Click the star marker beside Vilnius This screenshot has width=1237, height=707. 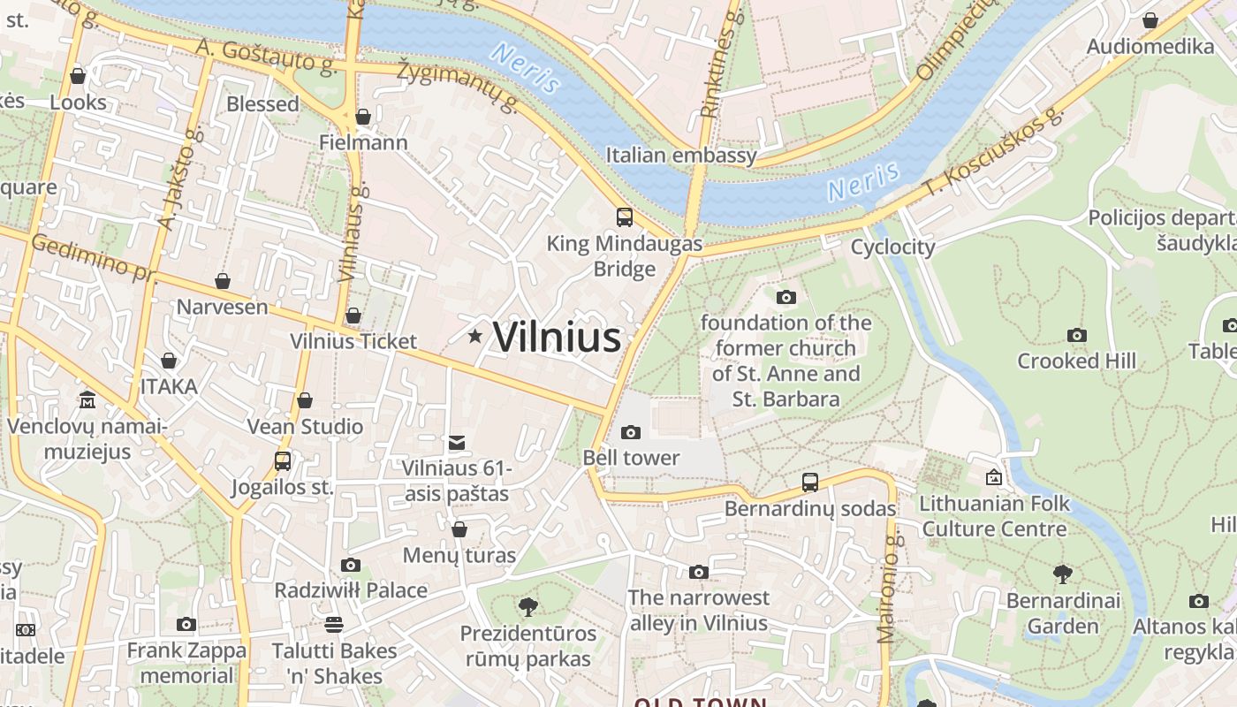[475, 336]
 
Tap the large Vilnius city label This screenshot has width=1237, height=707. [557, 337]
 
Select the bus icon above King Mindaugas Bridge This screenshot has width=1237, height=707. [625, 217]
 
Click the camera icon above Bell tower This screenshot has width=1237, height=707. [631, 432]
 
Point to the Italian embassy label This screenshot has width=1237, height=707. [681, 156]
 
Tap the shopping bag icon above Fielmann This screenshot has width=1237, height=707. [362, 117]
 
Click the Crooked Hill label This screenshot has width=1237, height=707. [1076, 361]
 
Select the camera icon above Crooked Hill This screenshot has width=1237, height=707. [1076, 335]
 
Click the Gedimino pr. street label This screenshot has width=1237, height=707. [93, 259]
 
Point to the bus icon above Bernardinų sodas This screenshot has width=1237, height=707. [810, 483]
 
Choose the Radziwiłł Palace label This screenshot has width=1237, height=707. [351, 590]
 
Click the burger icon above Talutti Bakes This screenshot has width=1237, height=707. [334, 625]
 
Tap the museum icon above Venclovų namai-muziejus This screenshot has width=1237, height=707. [87, 400]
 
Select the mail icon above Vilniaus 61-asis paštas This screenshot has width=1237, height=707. [457, 443]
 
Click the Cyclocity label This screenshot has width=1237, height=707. [892, 247]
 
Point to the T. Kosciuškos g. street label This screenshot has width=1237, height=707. [995, 150]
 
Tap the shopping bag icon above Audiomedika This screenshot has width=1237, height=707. [1150, 20]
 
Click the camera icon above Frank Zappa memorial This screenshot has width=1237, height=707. [186, 625]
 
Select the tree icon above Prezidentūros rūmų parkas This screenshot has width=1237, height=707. [528, 607]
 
